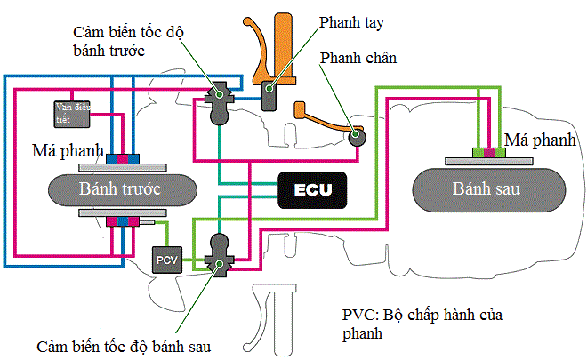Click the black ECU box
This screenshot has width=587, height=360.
(312, 188)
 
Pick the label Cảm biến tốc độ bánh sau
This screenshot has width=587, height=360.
(125, 345)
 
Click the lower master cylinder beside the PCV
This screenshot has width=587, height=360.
(218, 250)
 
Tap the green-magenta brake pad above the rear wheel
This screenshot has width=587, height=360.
(488, 152)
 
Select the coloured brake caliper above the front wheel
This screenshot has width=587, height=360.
(122, 158)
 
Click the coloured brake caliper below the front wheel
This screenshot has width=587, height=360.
(122, 220)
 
